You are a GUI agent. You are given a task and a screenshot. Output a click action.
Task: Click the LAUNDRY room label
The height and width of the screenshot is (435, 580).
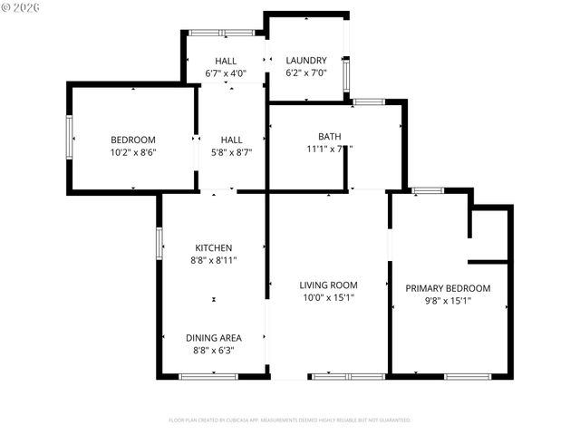coord(306,61)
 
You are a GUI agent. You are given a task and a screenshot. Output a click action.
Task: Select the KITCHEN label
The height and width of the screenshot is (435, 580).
coord(214,247)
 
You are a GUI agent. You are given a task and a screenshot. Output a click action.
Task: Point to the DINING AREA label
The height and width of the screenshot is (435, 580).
coord(214,337)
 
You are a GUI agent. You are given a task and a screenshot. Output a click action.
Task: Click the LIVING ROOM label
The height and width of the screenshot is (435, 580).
coord(328,285)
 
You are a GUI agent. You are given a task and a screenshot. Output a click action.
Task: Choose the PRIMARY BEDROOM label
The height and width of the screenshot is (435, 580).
coord(448,288)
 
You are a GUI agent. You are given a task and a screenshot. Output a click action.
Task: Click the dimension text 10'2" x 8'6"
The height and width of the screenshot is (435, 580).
coord(133,152)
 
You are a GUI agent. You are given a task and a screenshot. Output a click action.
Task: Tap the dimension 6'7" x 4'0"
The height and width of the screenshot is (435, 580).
coord(226,73)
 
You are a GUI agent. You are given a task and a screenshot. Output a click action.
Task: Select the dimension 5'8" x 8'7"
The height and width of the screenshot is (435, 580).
coord(231,152)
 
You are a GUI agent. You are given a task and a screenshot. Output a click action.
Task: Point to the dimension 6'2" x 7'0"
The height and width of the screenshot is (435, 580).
coord(306,73)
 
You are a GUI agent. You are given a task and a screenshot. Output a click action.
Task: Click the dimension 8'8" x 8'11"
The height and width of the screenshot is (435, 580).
coord(214,260)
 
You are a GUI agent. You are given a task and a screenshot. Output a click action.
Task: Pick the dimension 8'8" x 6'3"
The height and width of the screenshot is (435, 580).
coord(214,350)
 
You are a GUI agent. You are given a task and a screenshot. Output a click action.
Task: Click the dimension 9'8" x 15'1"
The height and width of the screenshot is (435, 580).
coord(448,301)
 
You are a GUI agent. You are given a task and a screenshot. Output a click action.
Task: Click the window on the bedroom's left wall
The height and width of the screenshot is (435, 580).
coord(69,137)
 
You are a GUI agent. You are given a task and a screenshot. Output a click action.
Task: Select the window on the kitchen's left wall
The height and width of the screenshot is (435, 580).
coord(159,243)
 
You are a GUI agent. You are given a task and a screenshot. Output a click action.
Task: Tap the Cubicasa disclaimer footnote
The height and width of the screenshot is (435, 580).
coord(290,420)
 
